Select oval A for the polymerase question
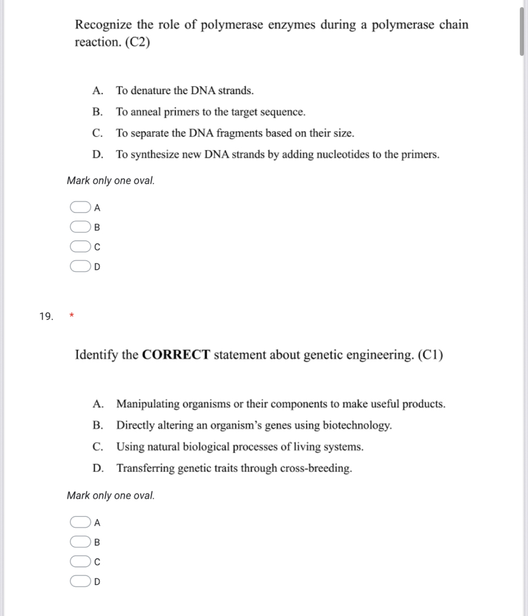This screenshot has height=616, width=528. pos(79,207)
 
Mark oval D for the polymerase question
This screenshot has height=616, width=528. pos(79,267)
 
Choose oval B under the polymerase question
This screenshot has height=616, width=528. pos(79,227)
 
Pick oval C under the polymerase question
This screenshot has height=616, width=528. pos(79,247)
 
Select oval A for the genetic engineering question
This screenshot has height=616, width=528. pos(79,522)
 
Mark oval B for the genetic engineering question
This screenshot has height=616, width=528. pos(79,542)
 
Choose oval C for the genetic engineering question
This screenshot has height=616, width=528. pos(79,562)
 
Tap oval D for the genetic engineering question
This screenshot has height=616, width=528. pos(79,582)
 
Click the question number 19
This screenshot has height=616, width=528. pos(47,316)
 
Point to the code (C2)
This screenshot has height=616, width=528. pos(131,42)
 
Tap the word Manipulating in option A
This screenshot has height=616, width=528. pos(148,404)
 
